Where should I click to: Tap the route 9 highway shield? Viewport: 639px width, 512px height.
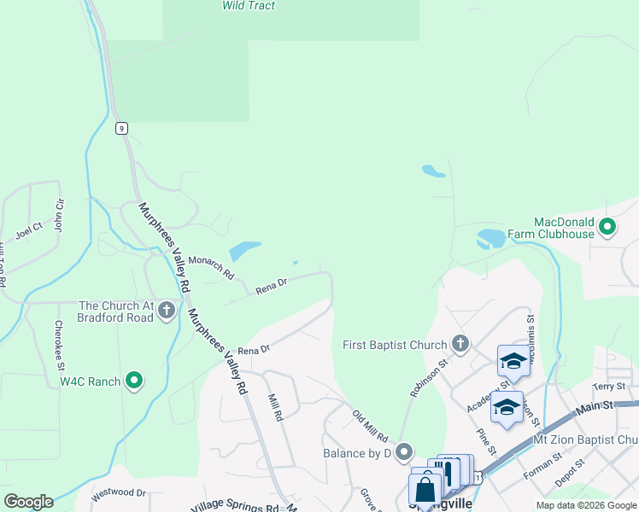point(122,128)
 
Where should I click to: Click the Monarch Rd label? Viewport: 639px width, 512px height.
point(211,266)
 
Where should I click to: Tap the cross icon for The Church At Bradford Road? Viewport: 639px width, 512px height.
point(168,311)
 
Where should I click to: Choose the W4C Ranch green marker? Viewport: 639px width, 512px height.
point(134,380)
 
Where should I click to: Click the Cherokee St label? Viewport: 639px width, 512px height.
point(59,345)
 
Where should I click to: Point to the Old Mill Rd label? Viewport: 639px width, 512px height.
point(370,425)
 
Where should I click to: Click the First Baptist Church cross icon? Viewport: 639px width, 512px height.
point(460,345)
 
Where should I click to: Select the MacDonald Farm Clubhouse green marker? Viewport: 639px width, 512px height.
point(607,227)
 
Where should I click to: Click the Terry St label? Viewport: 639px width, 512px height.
point(603,387)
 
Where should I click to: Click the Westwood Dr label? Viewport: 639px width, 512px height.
point(119,492)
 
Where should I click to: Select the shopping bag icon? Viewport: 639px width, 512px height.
point(425,491)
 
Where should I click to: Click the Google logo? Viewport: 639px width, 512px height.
point(28,501)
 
